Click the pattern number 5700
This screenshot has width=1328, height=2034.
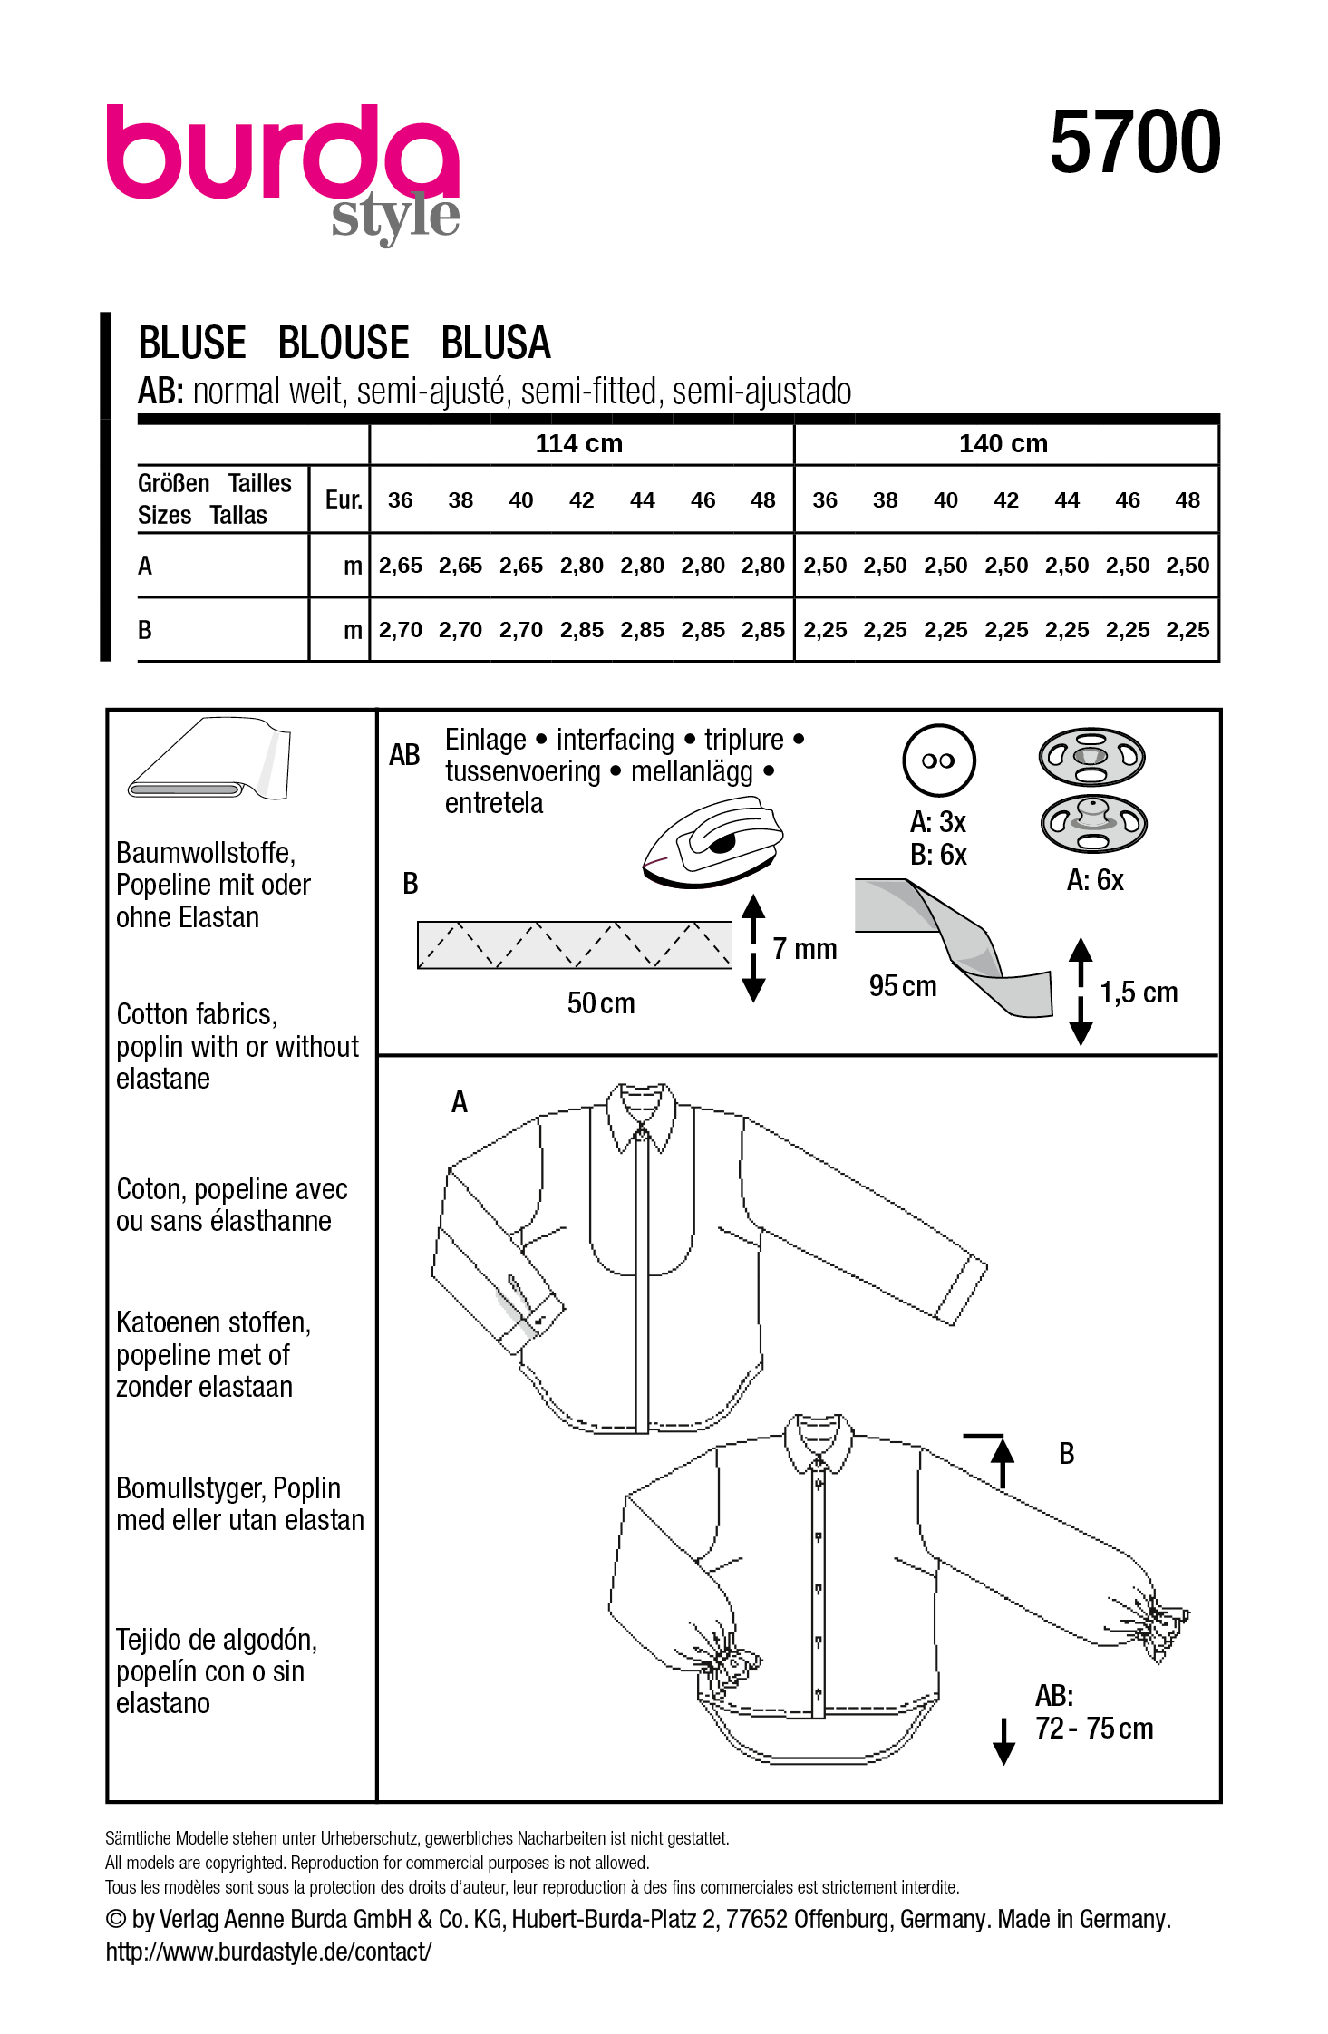(1134, 142)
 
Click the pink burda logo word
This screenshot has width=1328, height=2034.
(281, 153)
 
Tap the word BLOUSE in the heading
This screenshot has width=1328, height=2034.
(344, 344)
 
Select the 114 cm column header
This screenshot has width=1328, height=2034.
(578, 443)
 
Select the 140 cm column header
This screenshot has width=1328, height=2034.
(1003, 443)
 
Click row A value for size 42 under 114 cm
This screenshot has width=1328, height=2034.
(581, 566)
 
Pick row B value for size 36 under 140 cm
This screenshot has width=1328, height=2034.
(824, 630)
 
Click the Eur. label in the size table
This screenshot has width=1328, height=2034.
(344, 499)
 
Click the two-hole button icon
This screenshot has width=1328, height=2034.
(938, 760)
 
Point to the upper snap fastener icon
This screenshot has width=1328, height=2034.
(1091, 757)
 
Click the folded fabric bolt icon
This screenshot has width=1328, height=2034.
(210, 760)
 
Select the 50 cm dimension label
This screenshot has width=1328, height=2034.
(600, 1003)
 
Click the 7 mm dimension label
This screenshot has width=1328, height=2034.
(804, 949)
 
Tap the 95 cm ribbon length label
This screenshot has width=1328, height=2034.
(902, 986)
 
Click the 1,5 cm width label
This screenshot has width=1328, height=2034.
(1138, 993)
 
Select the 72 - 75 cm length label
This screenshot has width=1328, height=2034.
(1093, 1729)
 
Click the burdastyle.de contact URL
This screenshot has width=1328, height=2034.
(268, 1952)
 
